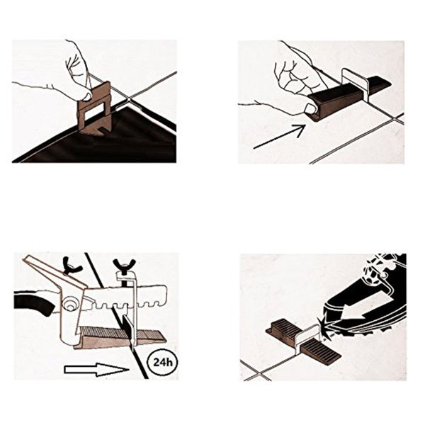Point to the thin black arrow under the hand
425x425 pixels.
pyautogui.click(x=279, y=137)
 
